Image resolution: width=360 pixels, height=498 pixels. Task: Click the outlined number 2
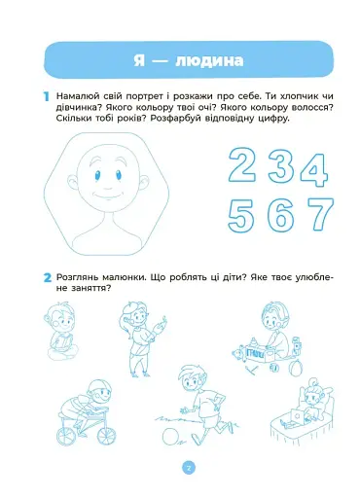pos(243,166)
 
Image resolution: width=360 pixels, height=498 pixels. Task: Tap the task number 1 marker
pos(45,97)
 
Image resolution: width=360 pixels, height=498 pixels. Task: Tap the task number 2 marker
pos(45,278)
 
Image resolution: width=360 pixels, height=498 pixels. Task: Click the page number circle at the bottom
pos(190,468)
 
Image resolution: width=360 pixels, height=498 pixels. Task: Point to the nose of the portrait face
pos(114,178)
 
